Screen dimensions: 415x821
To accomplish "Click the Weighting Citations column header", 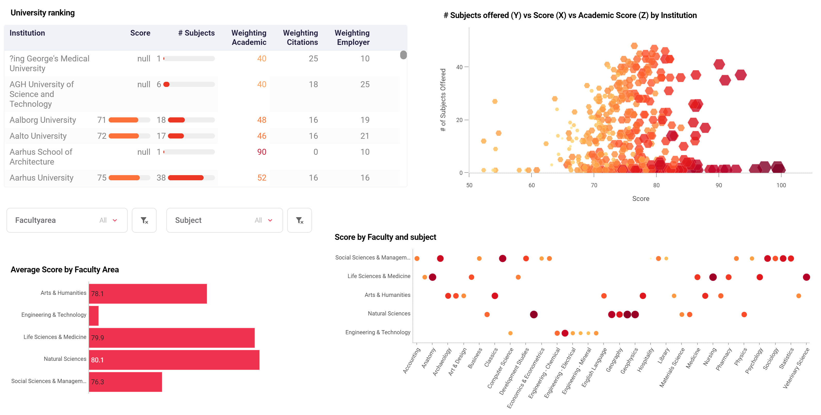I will pos(300,38).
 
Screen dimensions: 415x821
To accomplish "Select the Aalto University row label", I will pos(38,136).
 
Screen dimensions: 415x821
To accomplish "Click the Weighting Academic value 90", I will pos(261,152).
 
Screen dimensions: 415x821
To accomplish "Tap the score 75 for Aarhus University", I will pos(102,178).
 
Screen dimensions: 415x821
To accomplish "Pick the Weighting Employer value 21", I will pos(365,136).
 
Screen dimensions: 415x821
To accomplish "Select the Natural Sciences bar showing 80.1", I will pos(174,360).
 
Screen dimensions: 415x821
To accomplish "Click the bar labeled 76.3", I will pos(125,382).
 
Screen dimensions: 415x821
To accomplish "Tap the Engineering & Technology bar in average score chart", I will pos(94,316).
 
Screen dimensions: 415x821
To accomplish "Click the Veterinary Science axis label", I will pos(796,368).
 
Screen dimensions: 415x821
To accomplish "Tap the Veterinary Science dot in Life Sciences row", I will pos(806,277).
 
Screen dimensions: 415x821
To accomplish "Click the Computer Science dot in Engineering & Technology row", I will pos(510,333).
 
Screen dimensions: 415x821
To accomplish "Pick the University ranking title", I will pos(43,13).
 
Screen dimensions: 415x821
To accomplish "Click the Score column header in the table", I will pos(140,33).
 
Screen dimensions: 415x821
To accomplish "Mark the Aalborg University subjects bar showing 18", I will pos(176,120).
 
